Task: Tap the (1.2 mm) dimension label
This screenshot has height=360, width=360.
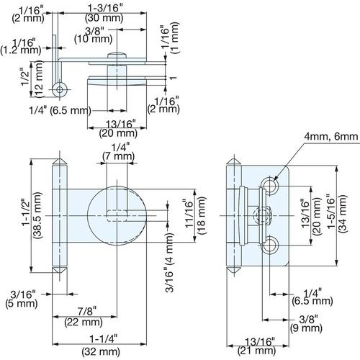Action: pos(21,51)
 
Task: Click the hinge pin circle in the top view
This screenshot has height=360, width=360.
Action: pos(63,89)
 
